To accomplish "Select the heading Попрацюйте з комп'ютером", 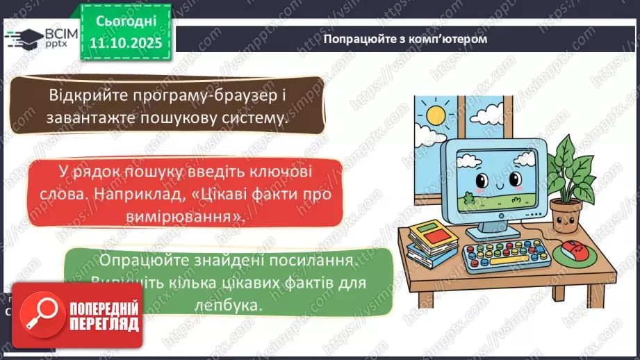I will pos(405,39).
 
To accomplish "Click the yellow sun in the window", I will pos(437,113).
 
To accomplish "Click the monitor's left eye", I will pos(479,182).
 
